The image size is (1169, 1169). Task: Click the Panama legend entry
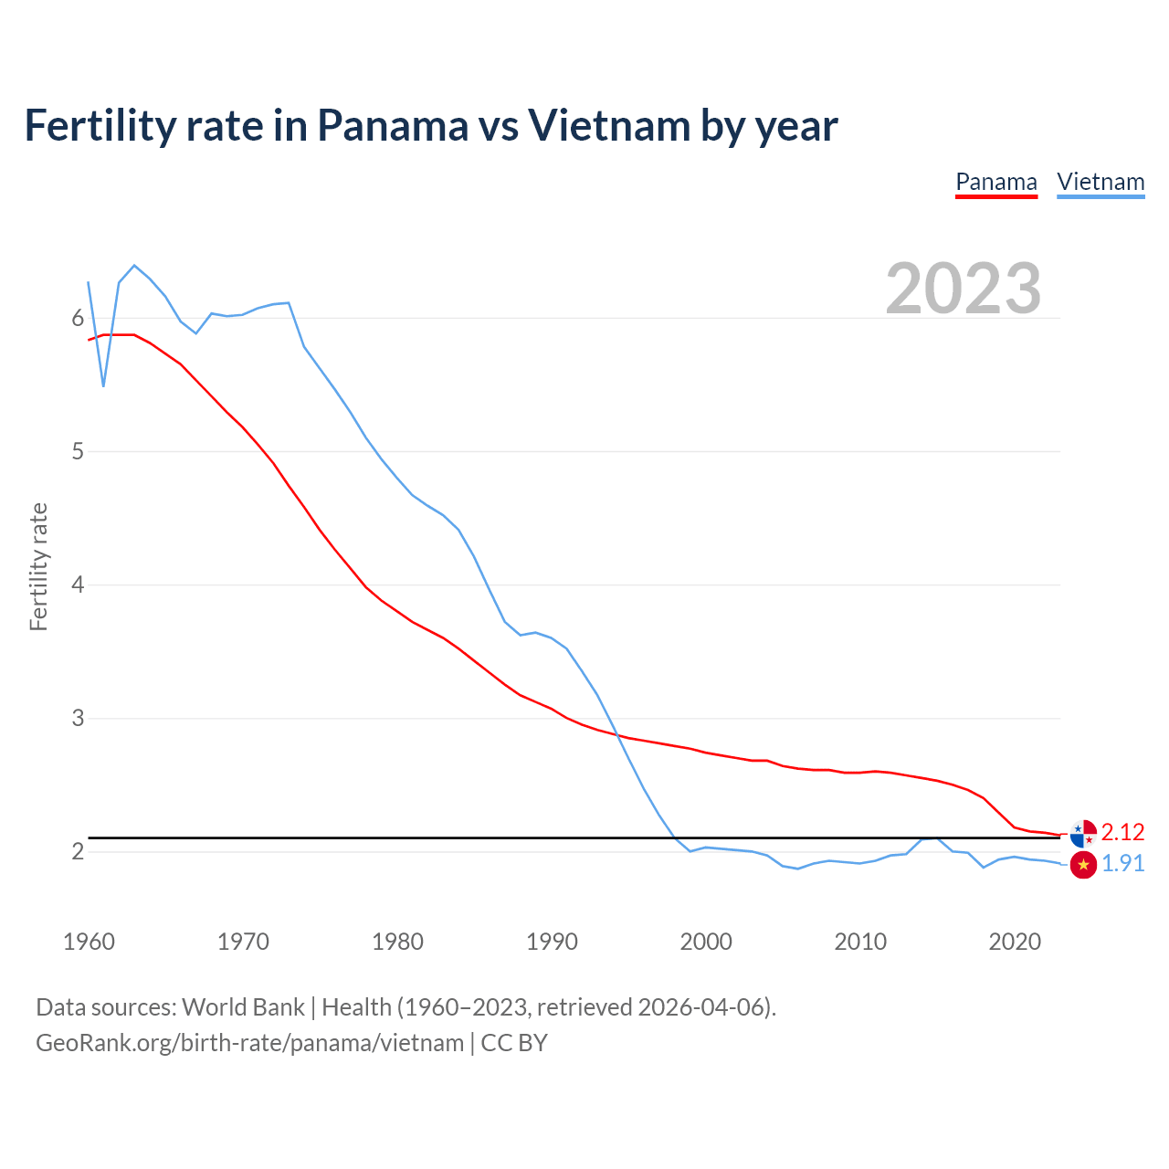click(x=995, y=182)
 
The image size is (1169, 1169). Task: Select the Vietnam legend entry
click(x=1101, y=182)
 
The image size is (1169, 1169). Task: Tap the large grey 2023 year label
click(x=963, y=289)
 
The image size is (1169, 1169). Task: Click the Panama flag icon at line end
click(x=1083, y=833)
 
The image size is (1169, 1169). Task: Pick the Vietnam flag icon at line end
click(x=1083, y=864)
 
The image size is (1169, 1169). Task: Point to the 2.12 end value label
click(x=1122, y=832)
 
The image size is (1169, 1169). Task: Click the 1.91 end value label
click(x=1122, y=864)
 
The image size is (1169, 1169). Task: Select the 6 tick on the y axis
click(x=78, y=318)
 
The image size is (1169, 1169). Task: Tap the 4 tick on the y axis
click(x=78, y=584)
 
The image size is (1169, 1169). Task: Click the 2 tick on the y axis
click(x=78, y=851)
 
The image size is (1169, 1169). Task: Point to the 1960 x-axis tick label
click(x=89, y=942)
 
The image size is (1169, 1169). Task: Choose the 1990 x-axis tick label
click(x=552, y=942)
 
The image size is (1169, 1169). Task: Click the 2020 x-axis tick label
click(x=1015, y=942)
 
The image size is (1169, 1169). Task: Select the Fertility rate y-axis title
click(x=38, y=566)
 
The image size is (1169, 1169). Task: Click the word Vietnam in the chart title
click(x=608, y=126)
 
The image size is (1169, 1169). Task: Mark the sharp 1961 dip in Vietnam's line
click(x=103, y=386)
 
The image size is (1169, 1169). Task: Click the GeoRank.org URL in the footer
click(x=249, y=1043)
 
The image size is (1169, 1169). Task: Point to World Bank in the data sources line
click(x=243, y=1007)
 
